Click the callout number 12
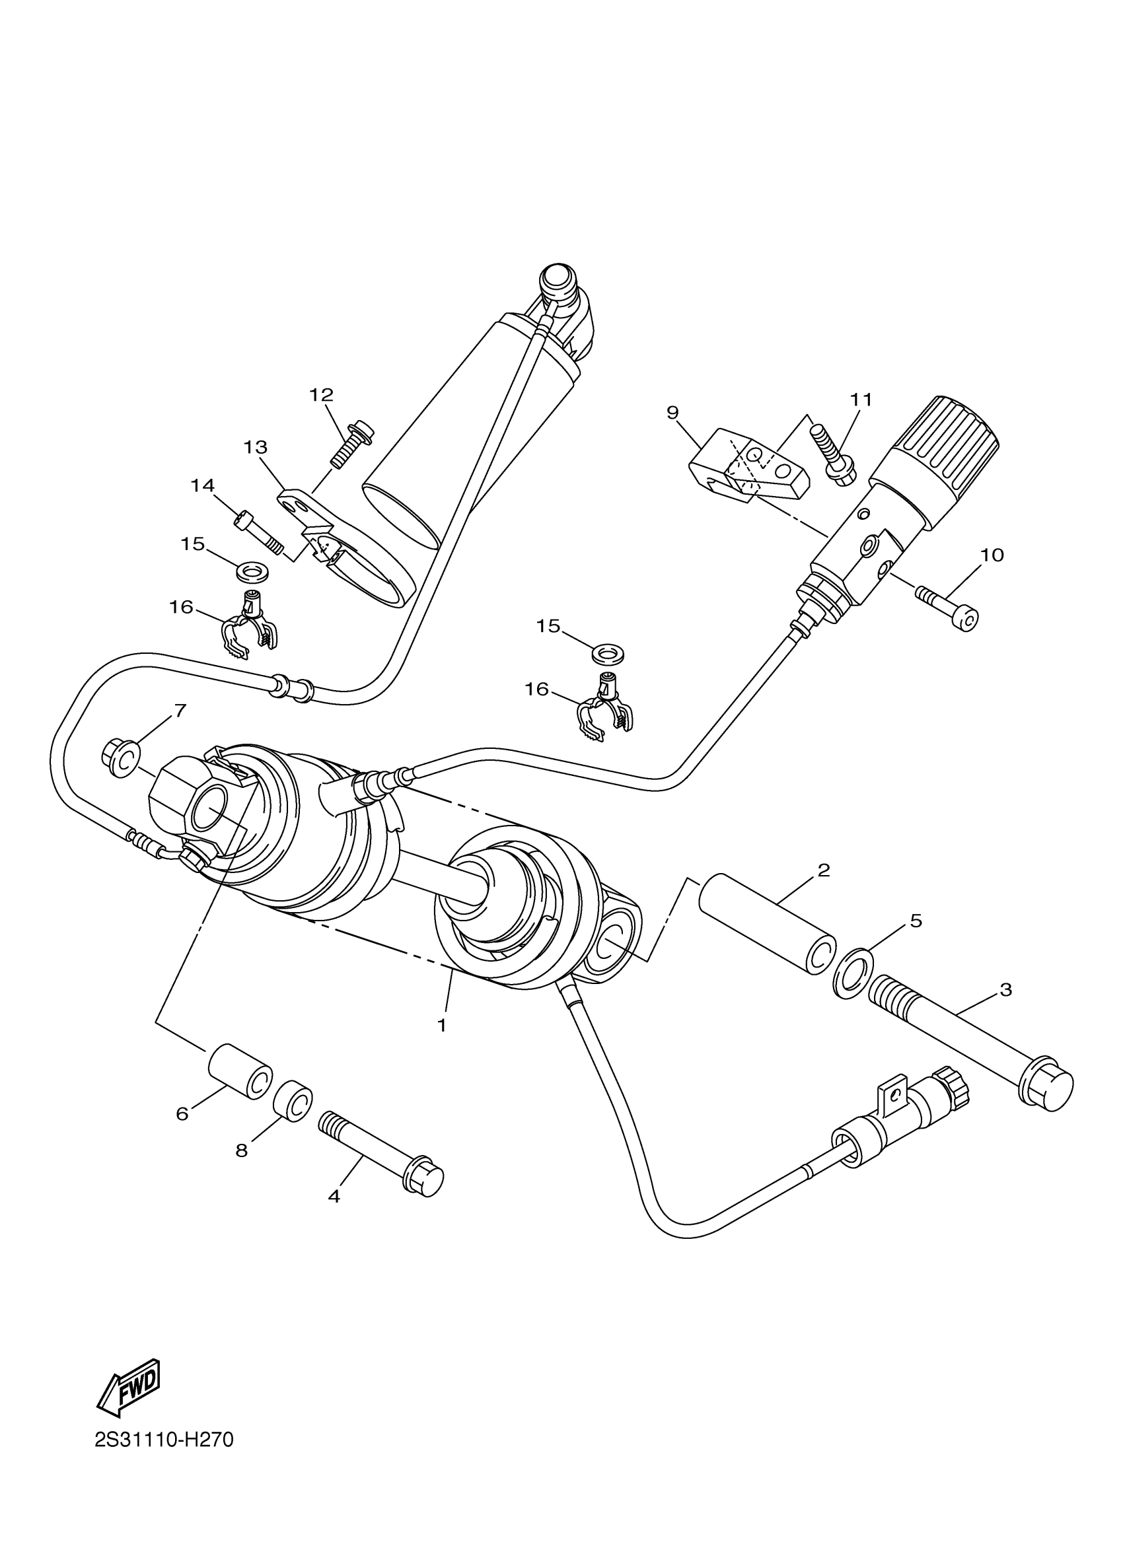[321, 394]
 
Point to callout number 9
[672, 412]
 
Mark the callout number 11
[861, 399]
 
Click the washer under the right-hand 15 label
[608, 652]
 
